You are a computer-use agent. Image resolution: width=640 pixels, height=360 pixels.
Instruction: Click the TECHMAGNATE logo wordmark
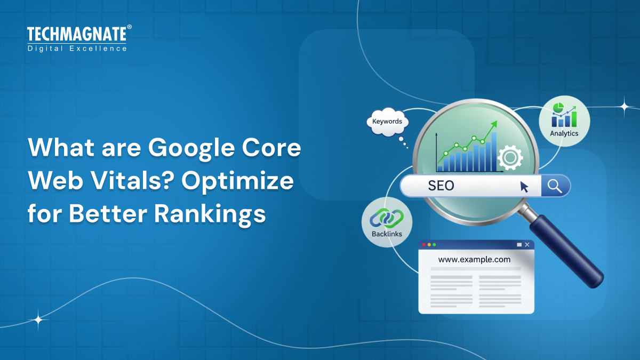(x=77, y=34)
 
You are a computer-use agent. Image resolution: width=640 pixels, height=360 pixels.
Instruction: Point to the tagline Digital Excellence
(x=77, y=49)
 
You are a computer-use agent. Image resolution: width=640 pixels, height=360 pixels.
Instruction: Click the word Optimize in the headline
(x=238, y=181)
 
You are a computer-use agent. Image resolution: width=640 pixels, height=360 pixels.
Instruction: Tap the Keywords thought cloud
(x=387, y=122)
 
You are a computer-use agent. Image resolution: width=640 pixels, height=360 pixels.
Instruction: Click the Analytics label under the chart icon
(x=564, y=133)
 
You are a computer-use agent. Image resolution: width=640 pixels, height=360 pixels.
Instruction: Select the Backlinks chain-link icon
(x=387, y=217)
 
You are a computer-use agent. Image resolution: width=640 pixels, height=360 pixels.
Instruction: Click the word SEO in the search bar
(x=441, y=186)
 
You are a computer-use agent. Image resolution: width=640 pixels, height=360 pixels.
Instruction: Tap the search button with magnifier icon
(x=555, y=186)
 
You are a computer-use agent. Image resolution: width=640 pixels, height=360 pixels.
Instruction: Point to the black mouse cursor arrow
(x=525, y=186)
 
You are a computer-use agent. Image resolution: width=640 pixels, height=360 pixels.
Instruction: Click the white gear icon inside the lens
(x=509, y=157)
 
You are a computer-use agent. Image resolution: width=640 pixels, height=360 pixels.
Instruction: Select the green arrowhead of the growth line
(x=494, y=124)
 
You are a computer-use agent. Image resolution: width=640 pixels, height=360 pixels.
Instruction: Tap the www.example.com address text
(x=474, y=260)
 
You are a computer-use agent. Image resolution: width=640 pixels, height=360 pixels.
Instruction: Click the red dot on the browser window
(x=425, y=245)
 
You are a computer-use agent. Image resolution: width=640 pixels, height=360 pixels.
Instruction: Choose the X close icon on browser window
(x=527, y=245)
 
